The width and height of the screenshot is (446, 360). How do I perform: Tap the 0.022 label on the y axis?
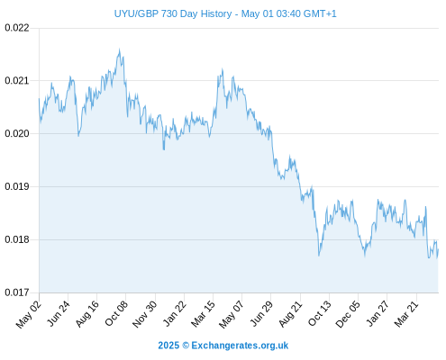(x=17, y=28)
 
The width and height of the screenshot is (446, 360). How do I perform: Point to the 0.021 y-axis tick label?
(x=17, y=81)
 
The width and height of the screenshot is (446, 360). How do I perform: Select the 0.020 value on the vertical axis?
(x=17, y=133)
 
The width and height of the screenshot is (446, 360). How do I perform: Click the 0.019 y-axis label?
(x=17, y=186)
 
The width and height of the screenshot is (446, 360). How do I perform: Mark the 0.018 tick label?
(x=17, y=239)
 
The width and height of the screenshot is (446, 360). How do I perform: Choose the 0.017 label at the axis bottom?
(x=17, y=292)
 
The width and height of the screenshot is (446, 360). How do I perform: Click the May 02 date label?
(x=28, y=314)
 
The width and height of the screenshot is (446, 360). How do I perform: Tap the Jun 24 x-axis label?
(x=59, y=313)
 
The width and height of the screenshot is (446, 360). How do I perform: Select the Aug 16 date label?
(x=86, y=313)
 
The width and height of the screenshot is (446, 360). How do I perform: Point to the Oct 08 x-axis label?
(x=116, y=313)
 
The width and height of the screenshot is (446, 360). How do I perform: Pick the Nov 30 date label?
(x=144, y=314)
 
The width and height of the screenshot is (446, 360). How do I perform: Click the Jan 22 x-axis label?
(x=174, y=313)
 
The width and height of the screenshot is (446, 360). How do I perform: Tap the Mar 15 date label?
(x=203, y=313)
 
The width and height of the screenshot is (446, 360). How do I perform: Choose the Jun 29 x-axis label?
(x=261, y=313)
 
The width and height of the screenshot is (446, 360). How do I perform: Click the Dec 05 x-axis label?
(x=348, y=314)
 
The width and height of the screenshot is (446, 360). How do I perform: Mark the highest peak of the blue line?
(x=119, y=49)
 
